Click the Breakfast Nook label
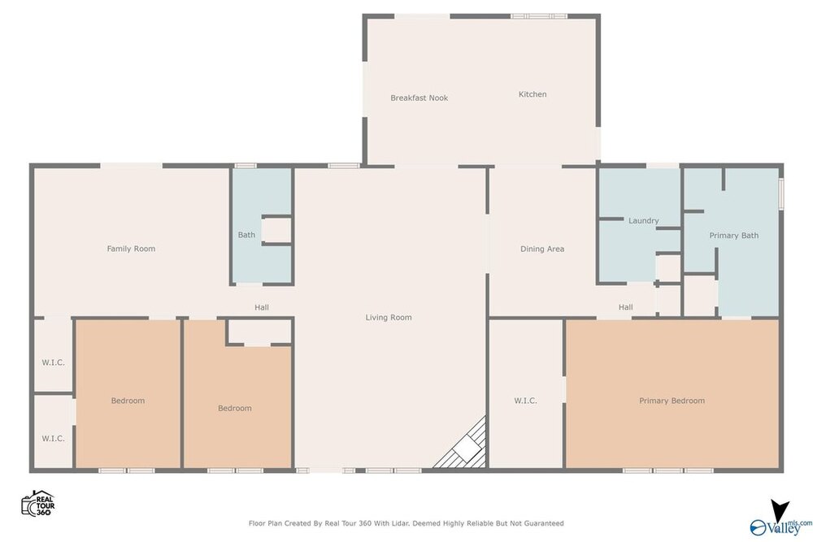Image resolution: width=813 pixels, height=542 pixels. click(x=419, y=98)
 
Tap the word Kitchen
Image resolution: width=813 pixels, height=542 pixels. click(x=533, y=93)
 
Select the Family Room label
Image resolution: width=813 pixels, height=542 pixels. click(x=131, y=248)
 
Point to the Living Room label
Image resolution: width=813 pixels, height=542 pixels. click(x=389, y=317)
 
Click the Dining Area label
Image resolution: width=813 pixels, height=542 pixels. click(x=542, y=249)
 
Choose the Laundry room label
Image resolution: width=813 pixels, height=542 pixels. click(x=643, y=220)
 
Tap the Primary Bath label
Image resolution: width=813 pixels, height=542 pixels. click(x=733, y=236)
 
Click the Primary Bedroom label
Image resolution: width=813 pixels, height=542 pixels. click(x=672, y=401)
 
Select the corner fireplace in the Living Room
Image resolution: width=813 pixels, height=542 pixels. click(x=463, y=445)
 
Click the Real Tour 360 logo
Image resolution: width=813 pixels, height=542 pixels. click(x=38, y=503)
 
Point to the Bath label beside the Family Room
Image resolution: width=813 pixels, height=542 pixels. click(x=246, y=235)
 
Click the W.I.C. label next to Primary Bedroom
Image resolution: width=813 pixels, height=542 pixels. click(x=525, y=401)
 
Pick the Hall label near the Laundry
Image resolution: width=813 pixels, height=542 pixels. click(x=626, y=306)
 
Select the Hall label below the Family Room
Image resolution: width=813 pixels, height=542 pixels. click(x=262, y=307)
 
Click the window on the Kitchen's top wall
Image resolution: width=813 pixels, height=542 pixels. click(x=539, y=16)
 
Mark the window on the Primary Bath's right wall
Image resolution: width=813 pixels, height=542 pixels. click(x=781, y=194)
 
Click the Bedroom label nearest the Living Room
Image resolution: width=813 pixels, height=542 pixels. click(x=235, y=408)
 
